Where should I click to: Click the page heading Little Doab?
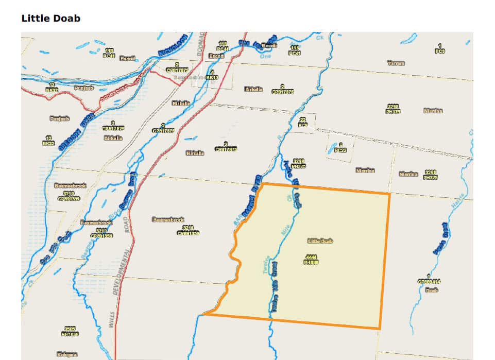point(50,19)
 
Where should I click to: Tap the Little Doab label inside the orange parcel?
point(320,241)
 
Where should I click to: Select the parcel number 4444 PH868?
point(312,259)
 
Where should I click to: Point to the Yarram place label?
point(396,63)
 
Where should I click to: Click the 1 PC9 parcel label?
point(440,49)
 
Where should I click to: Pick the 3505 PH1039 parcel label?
point(70,331)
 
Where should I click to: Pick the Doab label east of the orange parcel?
point(432,290)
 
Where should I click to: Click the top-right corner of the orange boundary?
point(389,194)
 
